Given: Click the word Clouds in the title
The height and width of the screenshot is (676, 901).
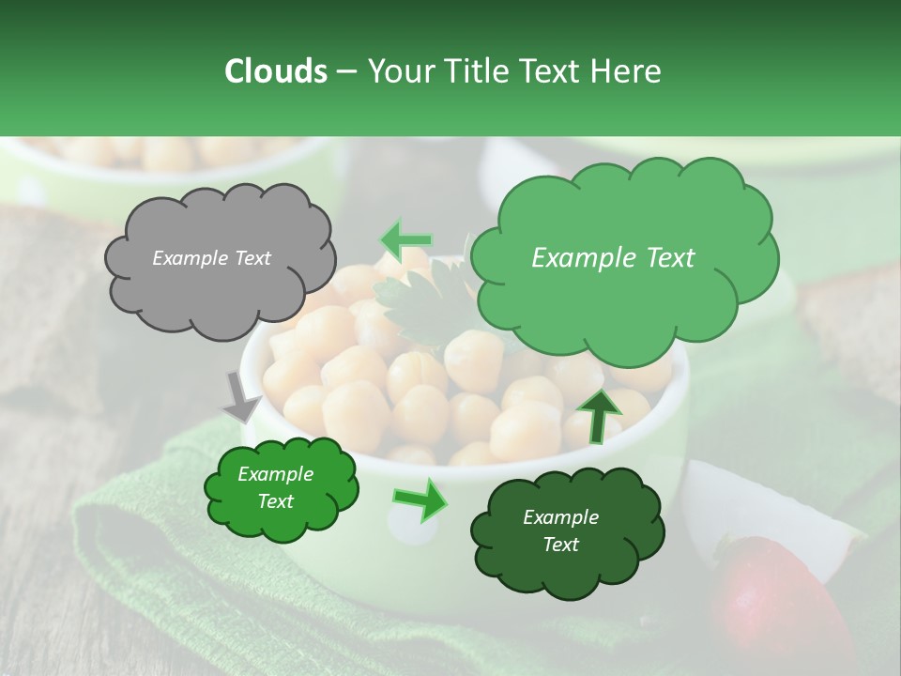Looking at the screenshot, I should click(275, 71).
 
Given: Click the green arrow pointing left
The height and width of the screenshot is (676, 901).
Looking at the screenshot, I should click(405, 240).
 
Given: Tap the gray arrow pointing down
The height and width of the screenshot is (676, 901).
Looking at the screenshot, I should click(242, 395).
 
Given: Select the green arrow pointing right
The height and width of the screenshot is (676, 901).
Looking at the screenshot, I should click(420, 499).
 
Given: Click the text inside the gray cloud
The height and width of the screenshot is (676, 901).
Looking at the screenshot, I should click(211, 258).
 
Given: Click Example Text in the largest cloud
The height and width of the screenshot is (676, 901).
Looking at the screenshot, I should click(613, 258).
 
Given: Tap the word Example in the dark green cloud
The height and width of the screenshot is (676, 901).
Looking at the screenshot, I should click(560, 517).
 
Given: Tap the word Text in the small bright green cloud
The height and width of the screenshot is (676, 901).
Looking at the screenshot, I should click(275, 501).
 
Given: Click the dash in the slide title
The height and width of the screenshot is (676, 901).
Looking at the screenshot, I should click(345, 71).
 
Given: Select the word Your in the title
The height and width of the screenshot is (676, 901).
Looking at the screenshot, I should click(400, 71).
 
